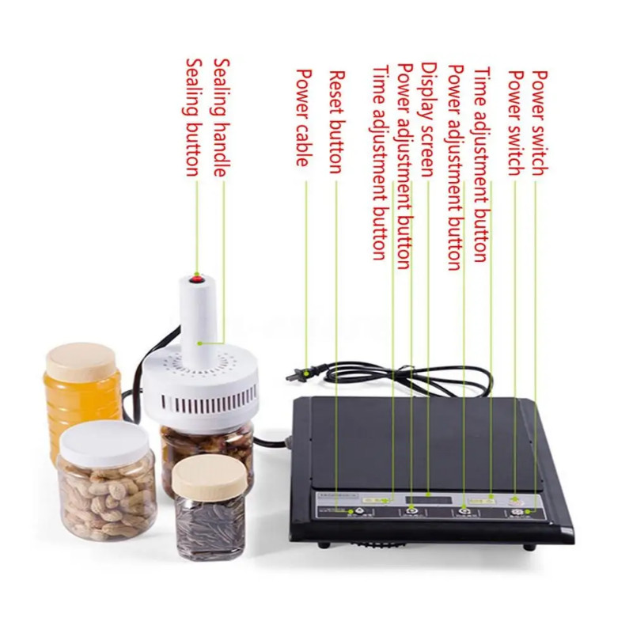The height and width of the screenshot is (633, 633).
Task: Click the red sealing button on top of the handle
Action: [196, 279]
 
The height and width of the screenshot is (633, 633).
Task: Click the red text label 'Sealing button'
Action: [191, 116]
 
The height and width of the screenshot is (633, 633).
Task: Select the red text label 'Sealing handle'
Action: [222, 116]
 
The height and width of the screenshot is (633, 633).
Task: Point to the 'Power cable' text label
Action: [302, 117]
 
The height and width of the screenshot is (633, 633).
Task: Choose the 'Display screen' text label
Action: [427, 119]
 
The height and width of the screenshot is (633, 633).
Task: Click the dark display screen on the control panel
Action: [428, 500]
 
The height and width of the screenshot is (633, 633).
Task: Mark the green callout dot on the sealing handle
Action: [201, 343]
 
